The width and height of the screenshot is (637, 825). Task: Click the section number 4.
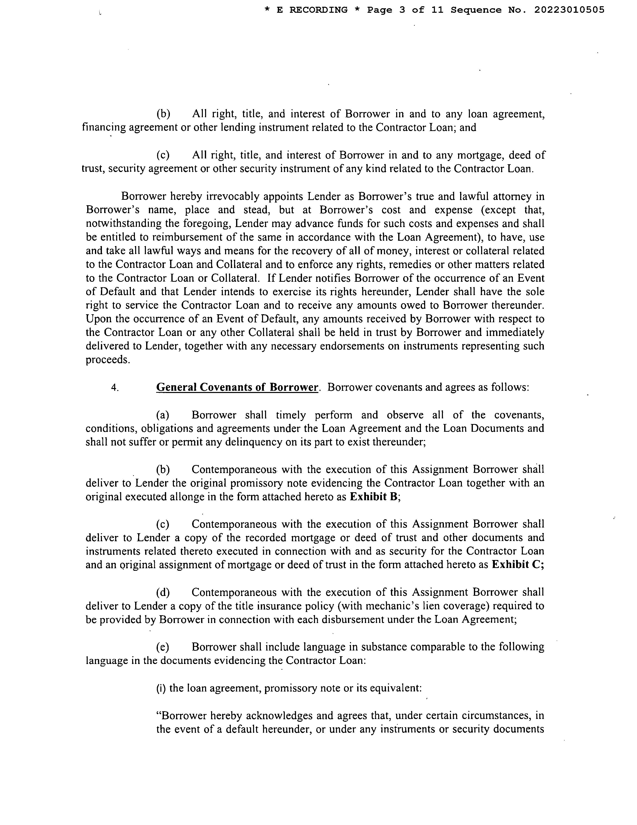pos(115,387)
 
